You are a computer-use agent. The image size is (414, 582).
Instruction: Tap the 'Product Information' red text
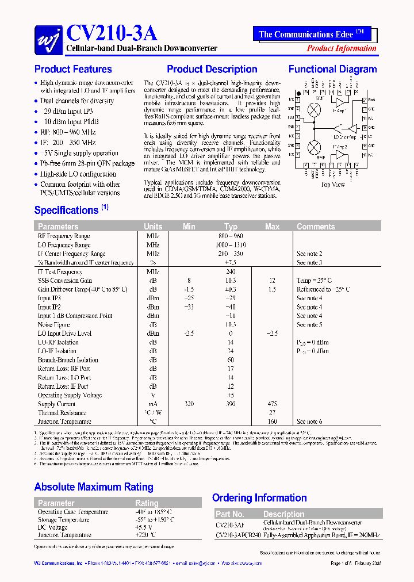tap(342, 48)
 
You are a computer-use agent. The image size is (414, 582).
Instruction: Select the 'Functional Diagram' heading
tap(332, 70)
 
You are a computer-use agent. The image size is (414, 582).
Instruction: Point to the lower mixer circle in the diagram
tap(315, 147)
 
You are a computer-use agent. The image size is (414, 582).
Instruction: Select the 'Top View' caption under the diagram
tap(332, 185)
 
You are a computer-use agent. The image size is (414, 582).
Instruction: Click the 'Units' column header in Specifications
tap(153, 227)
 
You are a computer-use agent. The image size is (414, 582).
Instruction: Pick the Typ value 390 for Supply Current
tap(231, 404)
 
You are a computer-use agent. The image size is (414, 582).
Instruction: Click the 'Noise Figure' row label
tap(55, 325)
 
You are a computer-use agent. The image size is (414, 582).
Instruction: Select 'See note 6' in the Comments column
tap(309, 422)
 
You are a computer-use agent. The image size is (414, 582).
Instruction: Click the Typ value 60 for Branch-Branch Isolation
tap(231, 360)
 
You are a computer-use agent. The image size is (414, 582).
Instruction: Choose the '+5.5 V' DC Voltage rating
tap(143, 527)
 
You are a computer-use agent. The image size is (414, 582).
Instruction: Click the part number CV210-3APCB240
tap(237, 535)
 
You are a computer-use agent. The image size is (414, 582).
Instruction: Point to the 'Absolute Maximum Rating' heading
tap(94, 487)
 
